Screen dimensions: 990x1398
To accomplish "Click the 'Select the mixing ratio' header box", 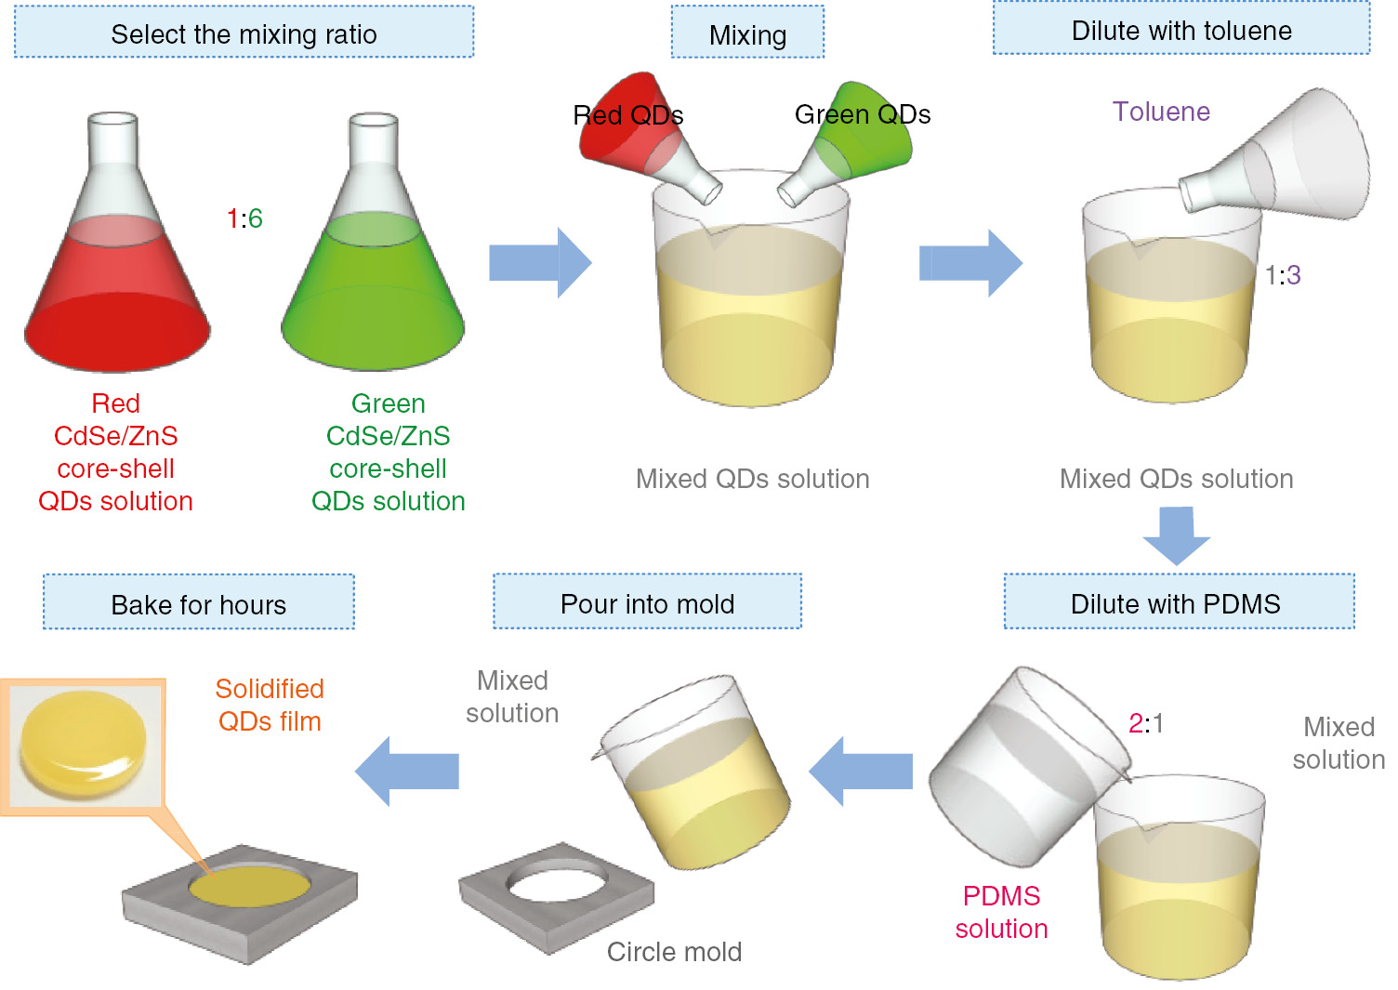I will (x=244, y=33).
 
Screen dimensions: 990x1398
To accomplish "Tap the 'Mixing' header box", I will (x=747, y=33).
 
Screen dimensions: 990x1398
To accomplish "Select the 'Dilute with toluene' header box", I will (x=1180, y=30).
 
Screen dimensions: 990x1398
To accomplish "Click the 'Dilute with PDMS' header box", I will (x=1178, y=602).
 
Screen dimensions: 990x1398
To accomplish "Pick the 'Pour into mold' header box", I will (x=647, y=602).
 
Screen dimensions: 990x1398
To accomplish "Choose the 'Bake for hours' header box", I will (x=198, y=603).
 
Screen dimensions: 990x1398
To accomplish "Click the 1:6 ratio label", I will (x=244, y=218).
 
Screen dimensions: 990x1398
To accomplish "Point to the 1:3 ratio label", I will (x=1283, y=275).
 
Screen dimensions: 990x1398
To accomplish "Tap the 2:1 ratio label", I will (x=1145, y=723).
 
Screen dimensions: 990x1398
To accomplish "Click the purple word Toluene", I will (x=1161, y=112).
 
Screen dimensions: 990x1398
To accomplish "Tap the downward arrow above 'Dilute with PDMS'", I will (x=1177, y=535).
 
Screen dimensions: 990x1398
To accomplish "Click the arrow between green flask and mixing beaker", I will (x=540, y=263).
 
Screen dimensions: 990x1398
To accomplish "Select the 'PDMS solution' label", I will (x=1001, y=912).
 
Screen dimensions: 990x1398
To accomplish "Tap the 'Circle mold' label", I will (x=674, y=952).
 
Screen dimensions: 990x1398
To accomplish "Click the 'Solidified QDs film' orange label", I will (x=270, y=705).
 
